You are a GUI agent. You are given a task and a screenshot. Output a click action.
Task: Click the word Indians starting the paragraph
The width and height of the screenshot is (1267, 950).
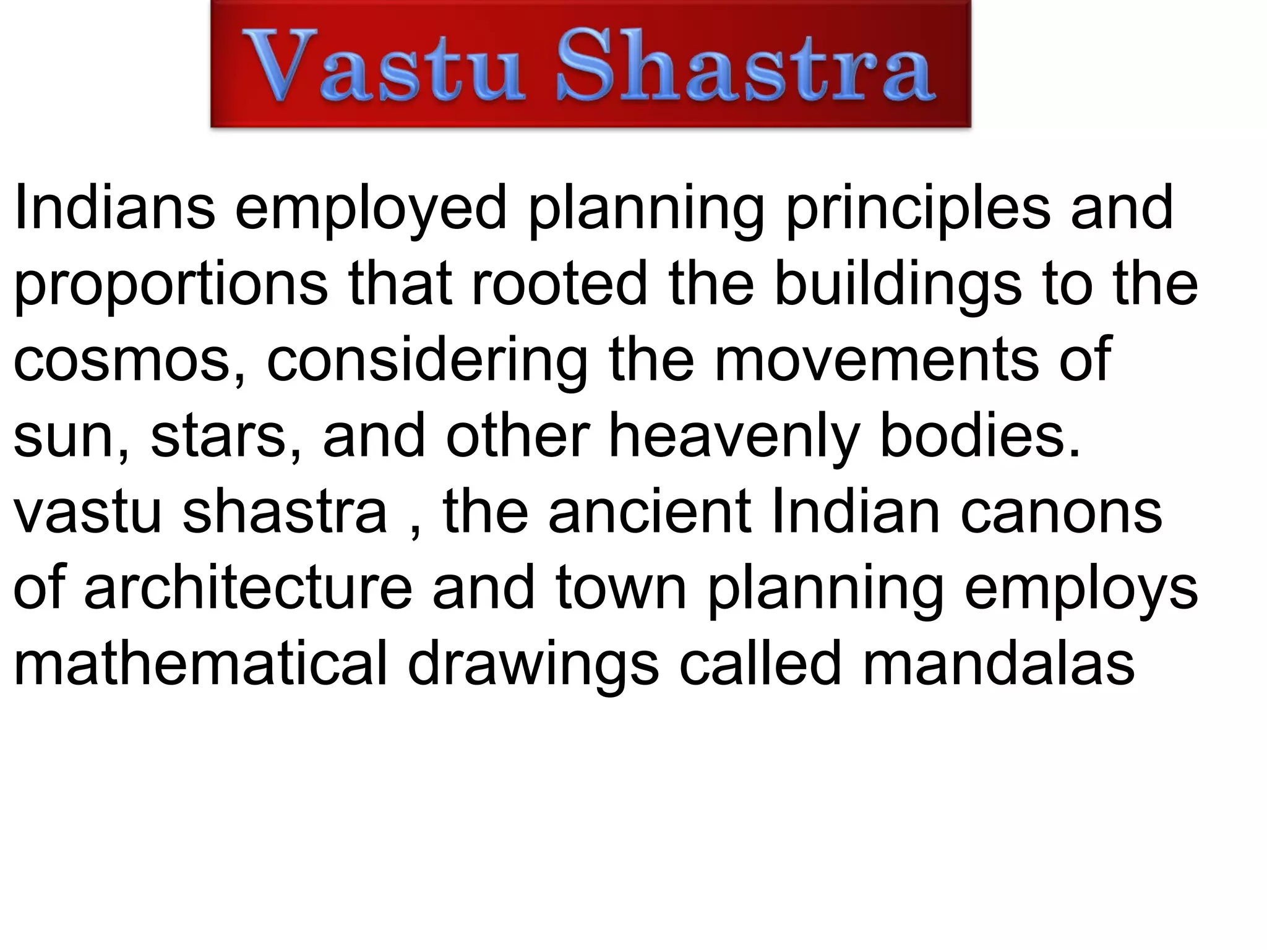tap(114, 207)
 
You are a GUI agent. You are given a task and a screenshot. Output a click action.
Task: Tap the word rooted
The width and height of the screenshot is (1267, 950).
tap(559, 283)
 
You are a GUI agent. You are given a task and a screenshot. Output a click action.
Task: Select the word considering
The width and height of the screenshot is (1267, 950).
tap(427, 360)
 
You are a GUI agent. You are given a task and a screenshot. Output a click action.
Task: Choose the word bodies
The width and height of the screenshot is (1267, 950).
tap(980, 436)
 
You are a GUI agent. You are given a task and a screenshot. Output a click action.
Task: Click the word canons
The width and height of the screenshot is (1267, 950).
tap(1061, 512)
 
